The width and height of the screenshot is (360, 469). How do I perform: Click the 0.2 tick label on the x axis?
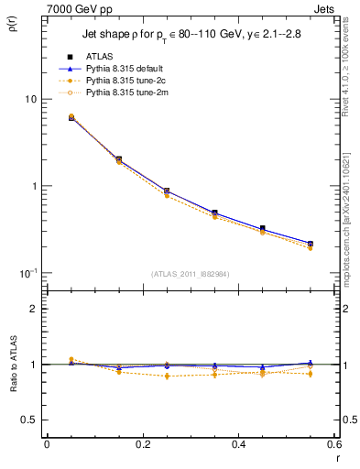pyautogui.click(x=142, y=444)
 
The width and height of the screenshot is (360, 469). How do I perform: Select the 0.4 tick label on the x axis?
pyautogui.click(x=238, y=444)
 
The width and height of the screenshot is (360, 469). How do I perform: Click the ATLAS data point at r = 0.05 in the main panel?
pyautogui.click(x=71, y=117)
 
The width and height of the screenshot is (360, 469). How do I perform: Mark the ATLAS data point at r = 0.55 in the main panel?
pyautogui.click(x=311, y=244)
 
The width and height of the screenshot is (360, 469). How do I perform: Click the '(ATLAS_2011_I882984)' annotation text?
pyautogui.click(x=191, y=272)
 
